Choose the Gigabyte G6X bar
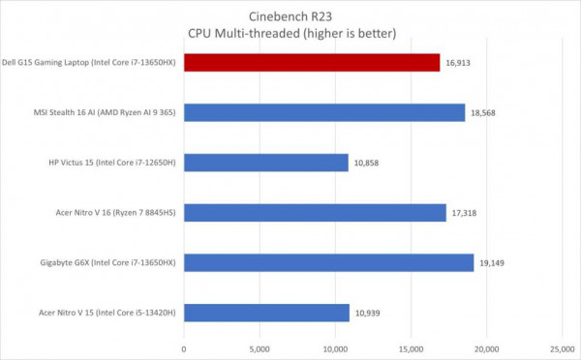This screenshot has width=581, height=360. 328,262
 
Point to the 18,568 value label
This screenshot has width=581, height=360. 485,113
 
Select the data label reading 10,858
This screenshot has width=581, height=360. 367,163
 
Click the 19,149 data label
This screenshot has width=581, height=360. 493,262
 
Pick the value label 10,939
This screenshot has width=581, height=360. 369,312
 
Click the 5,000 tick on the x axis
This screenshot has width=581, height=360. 260,348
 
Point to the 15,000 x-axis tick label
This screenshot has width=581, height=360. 410,348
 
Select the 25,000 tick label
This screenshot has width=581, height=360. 561,348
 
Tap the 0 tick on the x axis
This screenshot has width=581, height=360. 184,348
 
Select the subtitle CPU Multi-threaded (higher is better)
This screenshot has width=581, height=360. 291,33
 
